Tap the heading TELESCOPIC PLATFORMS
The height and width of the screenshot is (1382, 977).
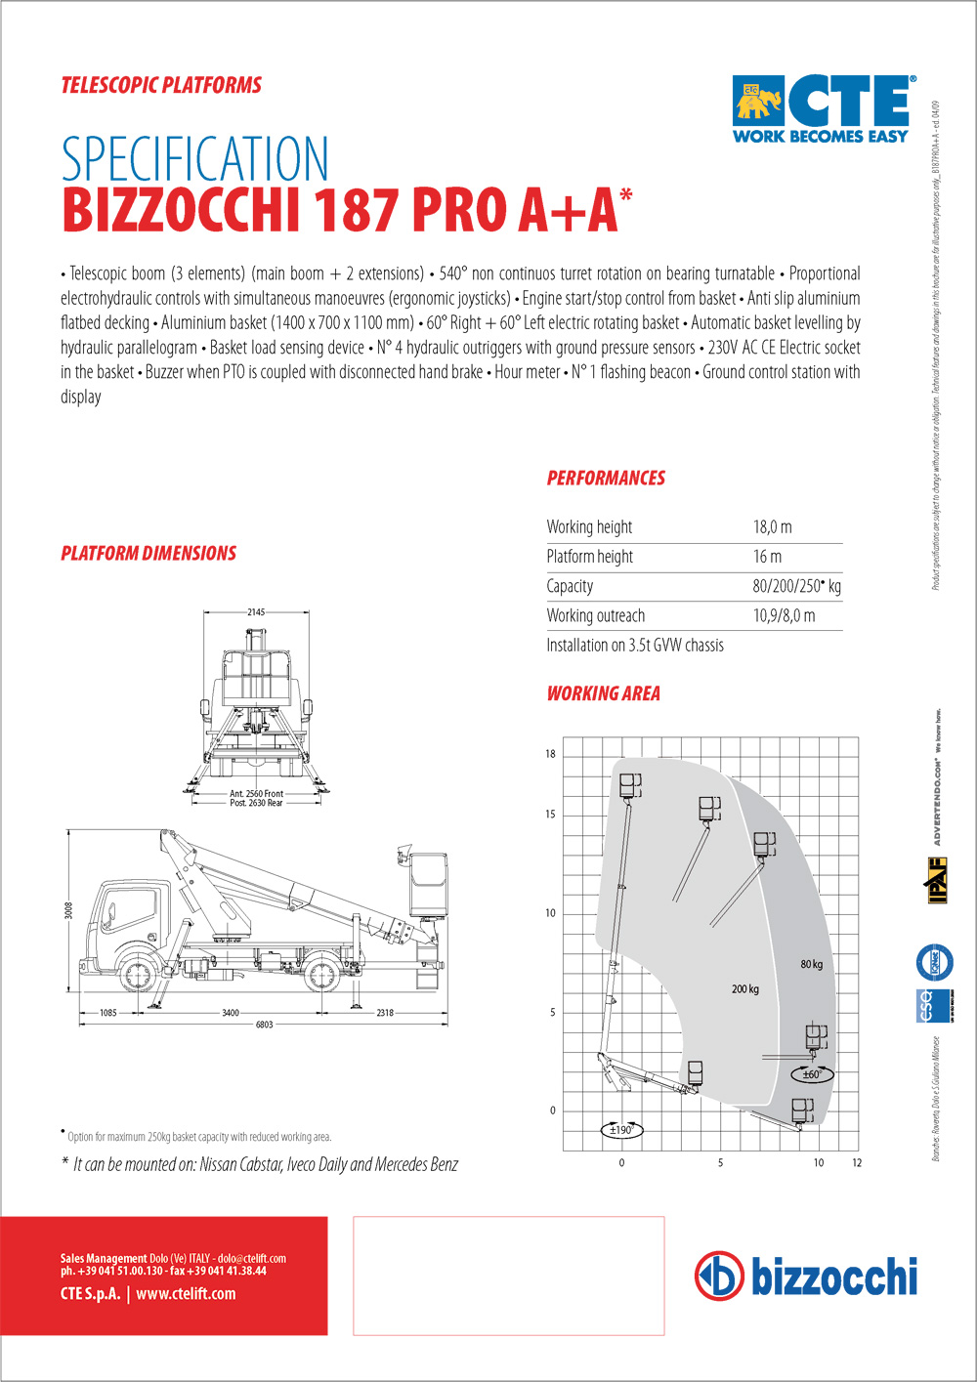tap(161, 85)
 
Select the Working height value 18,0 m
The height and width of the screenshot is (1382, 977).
tap(772, 527)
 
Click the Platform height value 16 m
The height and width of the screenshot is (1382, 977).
tap(767, 557)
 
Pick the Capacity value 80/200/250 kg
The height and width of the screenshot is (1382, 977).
tap(796, 586)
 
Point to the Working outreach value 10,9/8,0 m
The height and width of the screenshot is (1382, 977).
tap(784, 615)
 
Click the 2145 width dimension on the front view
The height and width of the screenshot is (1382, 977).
tap(256, 612)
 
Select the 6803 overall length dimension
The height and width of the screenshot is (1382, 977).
tap(264, 1025)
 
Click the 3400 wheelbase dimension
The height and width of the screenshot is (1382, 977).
tap(231, 1013)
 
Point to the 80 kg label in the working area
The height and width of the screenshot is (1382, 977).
tap(811, 964)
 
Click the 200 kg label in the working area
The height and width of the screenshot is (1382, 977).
tap(744, 989)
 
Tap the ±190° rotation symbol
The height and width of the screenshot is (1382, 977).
tap(621, 1130)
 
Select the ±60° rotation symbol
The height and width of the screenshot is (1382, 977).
tap(812, 1074)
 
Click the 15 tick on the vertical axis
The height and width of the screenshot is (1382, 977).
tap(550, 815)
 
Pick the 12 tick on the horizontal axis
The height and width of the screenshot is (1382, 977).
tap(857, 1163)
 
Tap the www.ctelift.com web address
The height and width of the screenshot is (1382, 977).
tap(186, 1294)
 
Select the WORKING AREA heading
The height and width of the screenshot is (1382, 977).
tap(603, 693)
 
